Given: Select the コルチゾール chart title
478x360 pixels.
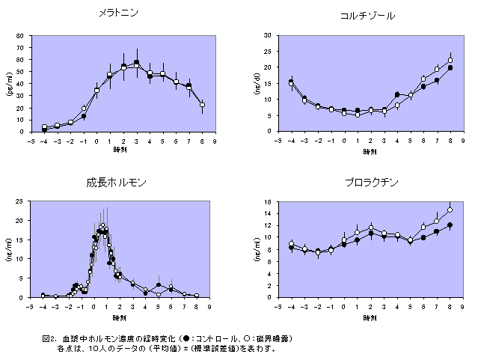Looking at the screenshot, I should pyautogui.click(x=367, y=16).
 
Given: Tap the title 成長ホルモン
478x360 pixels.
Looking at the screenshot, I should pyautogui.click(x=116, y=182).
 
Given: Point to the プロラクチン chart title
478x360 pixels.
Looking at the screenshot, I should pyautogui.click(x=372, y=182).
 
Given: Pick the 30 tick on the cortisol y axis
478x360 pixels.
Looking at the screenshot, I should pyautogui.click(x=269, y=36).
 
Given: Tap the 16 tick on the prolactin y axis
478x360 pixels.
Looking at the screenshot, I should pyautogui.click(x=269, y=202).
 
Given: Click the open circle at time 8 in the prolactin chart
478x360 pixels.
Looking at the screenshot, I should pyautogui.click(x=450, y=210).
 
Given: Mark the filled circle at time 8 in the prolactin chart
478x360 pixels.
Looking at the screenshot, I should pyautogui.click(x=450, y=225).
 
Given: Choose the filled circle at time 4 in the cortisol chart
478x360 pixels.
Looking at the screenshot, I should pyautogui.click(x=397, y=94).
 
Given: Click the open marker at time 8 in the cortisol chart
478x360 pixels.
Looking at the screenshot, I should pyautogui.click(x=450, y=61).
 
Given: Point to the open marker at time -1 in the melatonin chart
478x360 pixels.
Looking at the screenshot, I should pyautogui.click(x=84, y=109).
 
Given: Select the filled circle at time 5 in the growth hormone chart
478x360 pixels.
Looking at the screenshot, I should pyautogui.click(x=159, y=284).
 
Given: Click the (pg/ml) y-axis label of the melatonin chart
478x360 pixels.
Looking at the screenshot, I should pyautogui.click(x=10, y=84).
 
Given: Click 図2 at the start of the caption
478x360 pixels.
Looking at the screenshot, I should pyautogui.click(x=51, y=339).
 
